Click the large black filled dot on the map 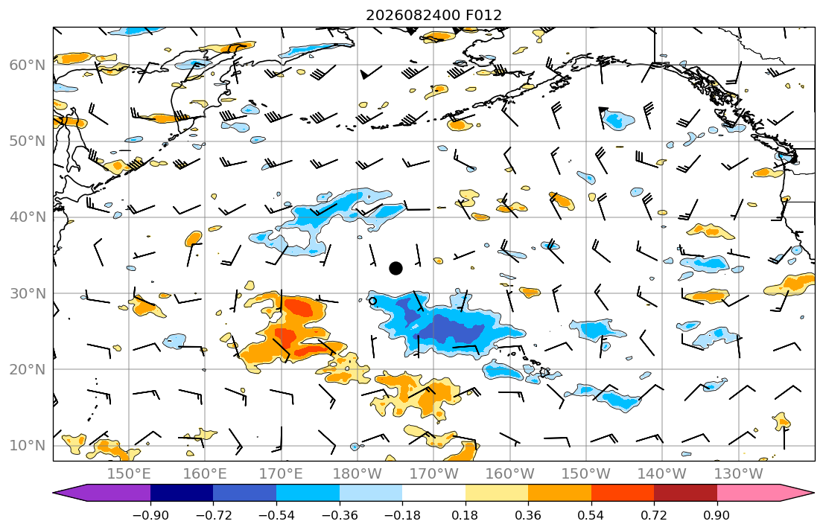pyautogui.click(x=395, y=268)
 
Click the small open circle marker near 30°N pyautogui.click(x=372, y=301)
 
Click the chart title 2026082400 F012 pyautogui.click(x=433, y=15)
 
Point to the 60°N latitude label pyautogui.click(x=28, y=65)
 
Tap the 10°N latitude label pyautogui.click(x=28, y=446)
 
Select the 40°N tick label pyautogui.click(x=28, y=217)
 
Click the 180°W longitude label pyautogui.click(x=358, y=474)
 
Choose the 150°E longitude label pyautogui.click(x=129, y=474)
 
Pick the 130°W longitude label pyautogui.click(x=739, y=474)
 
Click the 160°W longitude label pyautogui.click(x=509, y=474)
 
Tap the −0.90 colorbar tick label pyautogui.click(x=150, y=515)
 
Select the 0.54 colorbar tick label pyautogui.click(x=591, y=515)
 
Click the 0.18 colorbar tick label pyautogui.click(x=465, y=515)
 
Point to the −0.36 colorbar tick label pyautogui.click(x=340, y=515)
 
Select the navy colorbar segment pyautogui.click(x=182, y=493)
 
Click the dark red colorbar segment pyautogui.click(x=685, y=493)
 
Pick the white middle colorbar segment pyautogui.click(x=433, y=493)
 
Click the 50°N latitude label pyautogui.click(x=28, y=141)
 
